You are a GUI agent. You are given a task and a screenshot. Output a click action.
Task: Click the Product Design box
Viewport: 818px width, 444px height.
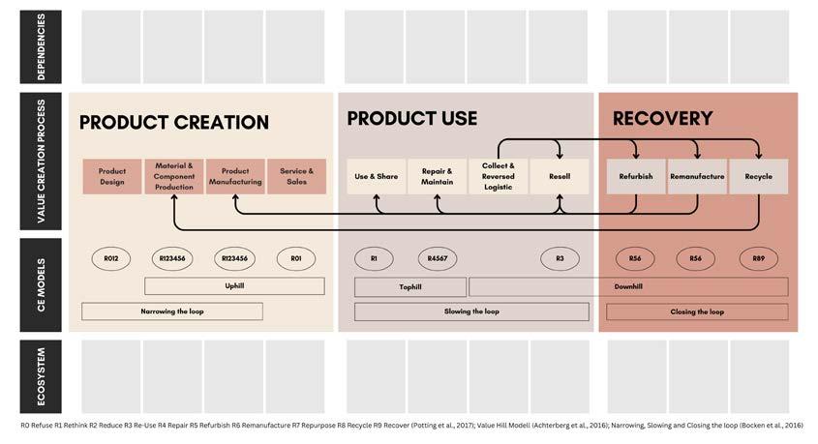(x=112, y=177)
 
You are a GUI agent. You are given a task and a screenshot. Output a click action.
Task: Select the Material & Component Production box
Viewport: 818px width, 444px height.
(x=174, y=177)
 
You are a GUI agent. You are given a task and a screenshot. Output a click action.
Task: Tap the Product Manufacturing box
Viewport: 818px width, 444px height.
(x=235, y=177)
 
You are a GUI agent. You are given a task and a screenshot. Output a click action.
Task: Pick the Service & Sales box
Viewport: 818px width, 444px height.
(x=296, y=177)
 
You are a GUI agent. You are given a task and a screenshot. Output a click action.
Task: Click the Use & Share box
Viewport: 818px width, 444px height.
(x=377, y=177)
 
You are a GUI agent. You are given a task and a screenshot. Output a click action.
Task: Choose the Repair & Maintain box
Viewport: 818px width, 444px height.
(x=438, y=177)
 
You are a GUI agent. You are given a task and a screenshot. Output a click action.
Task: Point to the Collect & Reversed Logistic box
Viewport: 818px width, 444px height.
(x=498, y=177)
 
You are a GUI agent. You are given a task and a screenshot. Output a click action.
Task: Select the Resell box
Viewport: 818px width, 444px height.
(x=560, y=177)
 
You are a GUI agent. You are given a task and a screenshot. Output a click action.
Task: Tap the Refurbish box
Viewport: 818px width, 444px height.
(x=636, y=177)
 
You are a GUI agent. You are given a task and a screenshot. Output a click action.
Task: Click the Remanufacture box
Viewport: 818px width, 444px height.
(x=697, y=177)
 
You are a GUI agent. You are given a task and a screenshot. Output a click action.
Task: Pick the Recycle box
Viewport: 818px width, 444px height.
(x=758, y=177)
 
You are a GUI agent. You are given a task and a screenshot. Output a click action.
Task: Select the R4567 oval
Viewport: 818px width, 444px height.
(x=436, y=258)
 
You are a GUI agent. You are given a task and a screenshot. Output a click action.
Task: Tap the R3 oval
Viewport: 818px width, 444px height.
(x=560, y=258)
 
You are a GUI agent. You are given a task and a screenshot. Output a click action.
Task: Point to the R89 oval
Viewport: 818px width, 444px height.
(x=758, y=258)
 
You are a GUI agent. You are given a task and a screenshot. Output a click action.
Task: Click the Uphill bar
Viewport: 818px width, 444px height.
(x=234, y=286)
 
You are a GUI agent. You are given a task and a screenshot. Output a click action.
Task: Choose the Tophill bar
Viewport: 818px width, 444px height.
(x=410, y=287)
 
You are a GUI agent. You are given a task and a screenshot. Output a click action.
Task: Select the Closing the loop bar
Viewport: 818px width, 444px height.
(x=697, y=311)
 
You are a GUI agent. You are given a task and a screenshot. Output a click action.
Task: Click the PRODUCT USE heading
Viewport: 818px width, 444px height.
(x=411, y=118)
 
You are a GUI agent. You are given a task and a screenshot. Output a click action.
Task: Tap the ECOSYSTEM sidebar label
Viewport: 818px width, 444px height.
(x=41, y=376)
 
